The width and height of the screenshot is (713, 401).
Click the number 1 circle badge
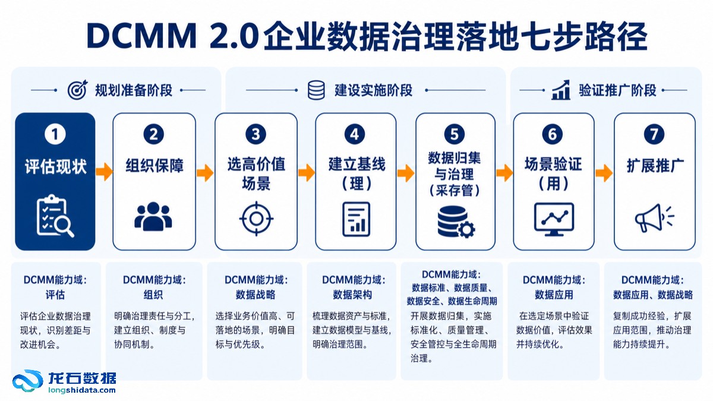pos(55,134)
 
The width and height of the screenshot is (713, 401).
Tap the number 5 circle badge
pos(455,134)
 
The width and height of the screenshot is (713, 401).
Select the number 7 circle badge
pos(654,134)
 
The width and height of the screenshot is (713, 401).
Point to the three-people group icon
pos(153,216)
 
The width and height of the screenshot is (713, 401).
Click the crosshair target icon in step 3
pos(256,219)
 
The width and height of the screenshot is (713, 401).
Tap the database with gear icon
pos(456,222)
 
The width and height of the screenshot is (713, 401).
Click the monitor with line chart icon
pos(554,219)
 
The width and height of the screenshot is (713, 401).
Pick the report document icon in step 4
pos(356,219)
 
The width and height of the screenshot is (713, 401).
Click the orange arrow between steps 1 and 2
pos(105,172)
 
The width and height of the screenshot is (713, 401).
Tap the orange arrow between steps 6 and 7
pos(604,173)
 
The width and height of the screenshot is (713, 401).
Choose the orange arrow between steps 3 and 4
pos(307,173)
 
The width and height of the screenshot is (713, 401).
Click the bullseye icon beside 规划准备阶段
pos(77,90)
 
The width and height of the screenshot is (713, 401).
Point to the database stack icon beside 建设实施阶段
pos(316,90)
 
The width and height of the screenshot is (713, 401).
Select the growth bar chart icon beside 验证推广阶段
pos(561,90)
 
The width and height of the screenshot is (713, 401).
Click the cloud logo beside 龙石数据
pos(28,381)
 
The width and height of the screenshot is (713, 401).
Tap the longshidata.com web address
pos(82,390)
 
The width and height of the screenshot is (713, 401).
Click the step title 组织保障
pos(154,166)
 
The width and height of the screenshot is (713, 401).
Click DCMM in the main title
pos(141,36)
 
